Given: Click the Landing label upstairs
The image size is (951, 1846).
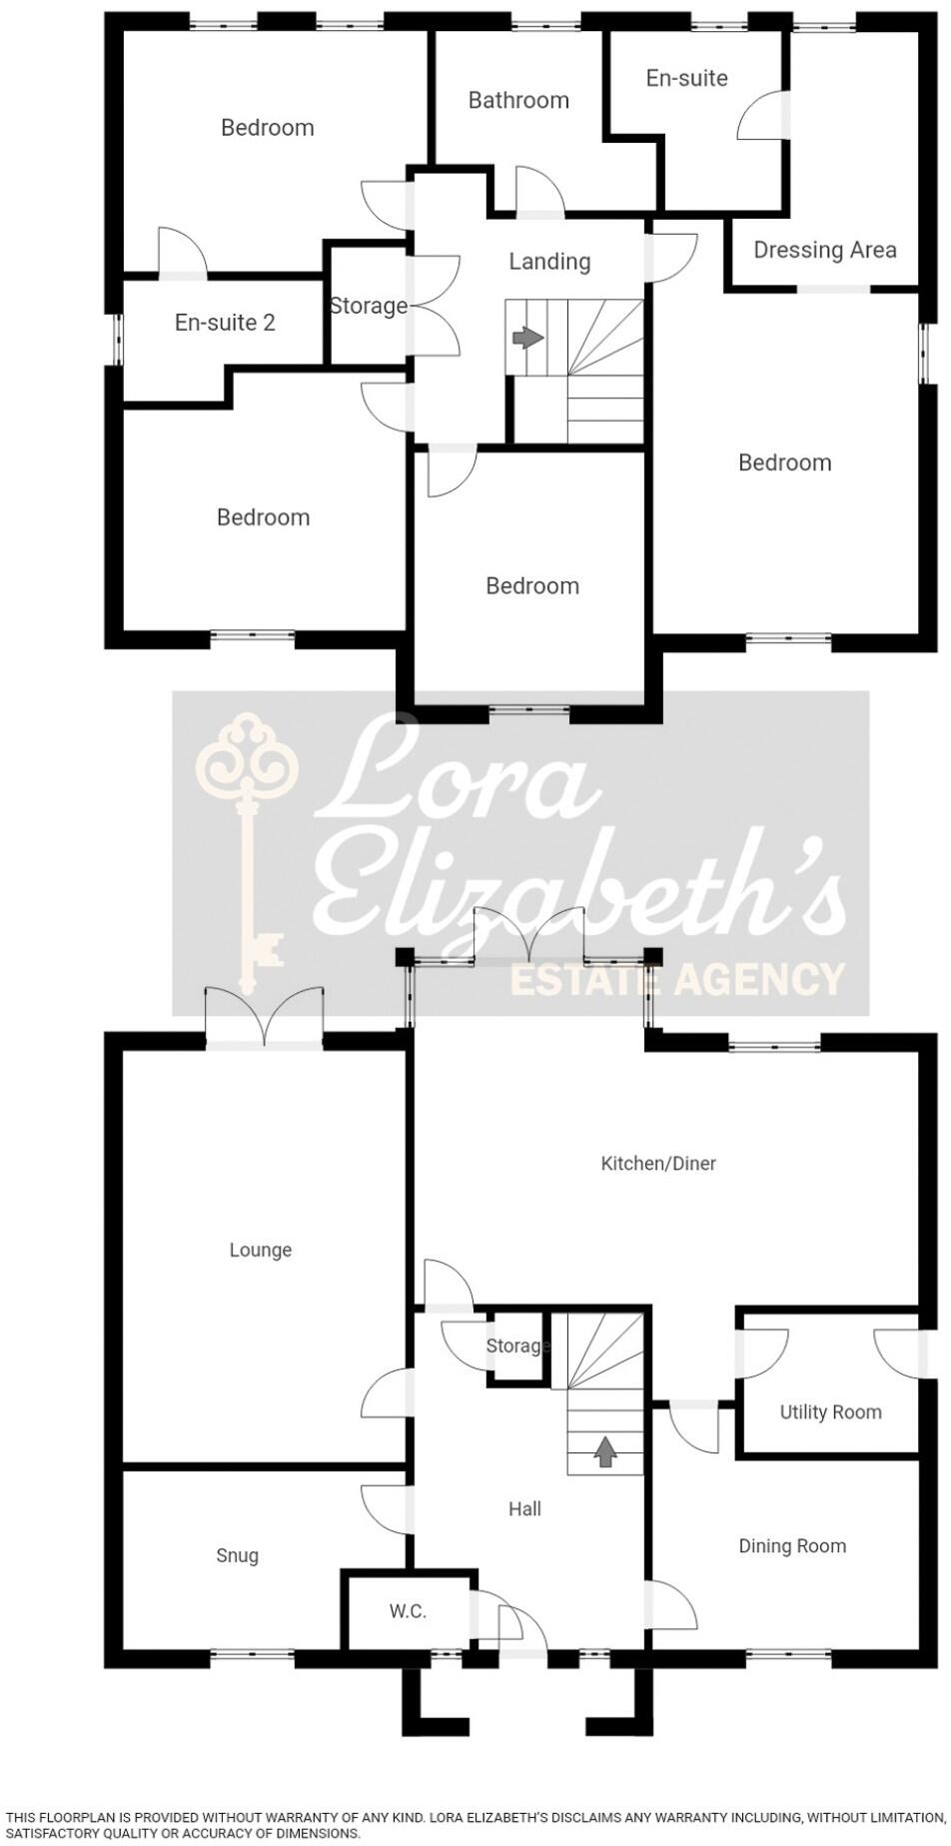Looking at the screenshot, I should pos(549,262).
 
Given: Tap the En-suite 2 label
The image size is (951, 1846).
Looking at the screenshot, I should pos(225,323).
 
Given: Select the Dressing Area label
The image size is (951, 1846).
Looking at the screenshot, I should pos(824,250).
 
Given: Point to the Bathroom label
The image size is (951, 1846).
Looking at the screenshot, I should pos(518,100).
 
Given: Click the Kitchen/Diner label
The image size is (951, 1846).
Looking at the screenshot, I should pos(658,1163).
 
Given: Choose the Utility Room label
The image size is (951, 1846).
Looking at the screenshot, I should pos(830,1411).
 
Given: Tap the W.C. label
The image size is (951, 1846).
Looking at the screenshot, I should pos(408,1611).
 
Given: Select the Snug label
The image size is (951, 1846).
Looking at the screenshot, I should pos(237,1555).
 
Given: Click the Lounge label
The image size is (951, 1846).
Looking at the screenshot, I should pos(260,1250).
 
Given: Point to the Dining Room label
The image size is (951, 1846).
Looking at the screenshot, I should pos(792,1546).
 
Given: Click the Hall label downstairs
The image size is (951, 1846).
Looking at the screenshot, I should pos(524,1508).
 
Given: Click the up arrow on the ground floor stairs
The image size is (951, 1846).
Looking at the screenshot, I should pos(604,1451).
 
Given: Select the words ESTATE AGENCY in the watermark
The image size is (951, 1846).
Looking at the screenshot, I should pos(677,979).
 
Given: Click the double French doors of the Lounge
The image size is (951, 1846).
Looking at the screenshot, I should pos(265,1019).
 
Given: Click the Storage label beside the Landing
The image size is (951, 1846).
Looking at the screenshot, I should pos(369,306).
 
